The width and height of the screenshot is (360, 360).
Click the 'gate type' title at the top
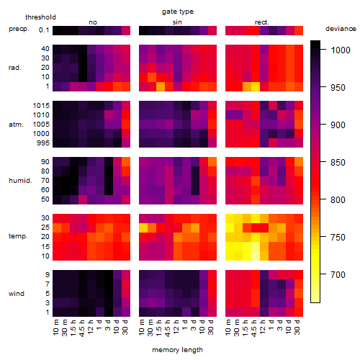pyautogui.click(x=178, y=12)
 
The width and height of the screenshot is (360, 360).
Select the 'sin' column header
pyautogui.click(x=177, y=22)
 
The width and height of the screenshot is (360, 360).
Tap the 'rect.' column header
pyautogui.click(x=261, y=22)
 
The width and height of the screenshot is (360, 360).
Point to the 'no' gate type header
pyautogui.click(x=93, y=22)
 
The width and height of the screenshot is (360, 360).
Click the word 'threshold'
pyautogui.click(x=40, y=17)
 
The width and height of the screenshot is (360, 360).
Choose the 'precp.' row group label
pyautogui.click(x=19, y=29)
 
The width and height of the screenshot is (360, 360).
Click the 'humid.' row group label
pyautogui.click(x=20, y=180)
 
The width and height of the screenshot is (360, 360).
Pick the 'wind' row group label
pyautogui.click(x=17, y=294)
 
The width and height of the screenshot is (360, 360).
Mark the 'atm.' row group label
pyautogui.click(x=16, y=125)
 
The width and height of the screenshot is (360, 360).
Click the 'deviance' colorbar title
pyautogui.click(x=341, y=29)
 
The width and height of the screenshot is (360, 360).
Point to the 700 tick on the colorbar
pyautogui.click(x=338, y=274)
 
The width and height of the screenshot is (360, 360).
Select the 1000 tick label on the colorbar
pyautogui.click(x=341, y=50)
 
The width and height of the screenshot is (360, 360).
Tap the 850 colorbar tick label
pyautogui.click(x=338, y=163)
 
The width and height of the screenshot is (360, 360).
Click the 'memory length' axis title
pyautogui.click(x=177, y=350)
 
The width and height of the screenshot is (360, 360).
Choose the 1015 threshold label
pyautogui.click(x=41, y=105)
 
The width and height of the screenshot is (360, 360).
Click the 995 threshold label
pyautogui.click(x=43, y=143)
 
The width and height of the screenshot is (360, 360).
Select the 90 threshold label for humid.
pyautogui.click(x=45, y=161)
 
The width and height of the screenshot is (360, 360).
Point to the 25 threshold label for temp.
pyautogui.click(x=45, y=227)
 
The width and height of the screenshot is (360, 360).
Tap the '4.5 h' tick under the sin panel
pyautogui.click(x=168, y=328)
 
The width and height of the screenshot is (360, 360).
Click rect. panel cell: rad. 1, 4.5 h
pyautogui.click(x=256, y=86)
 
